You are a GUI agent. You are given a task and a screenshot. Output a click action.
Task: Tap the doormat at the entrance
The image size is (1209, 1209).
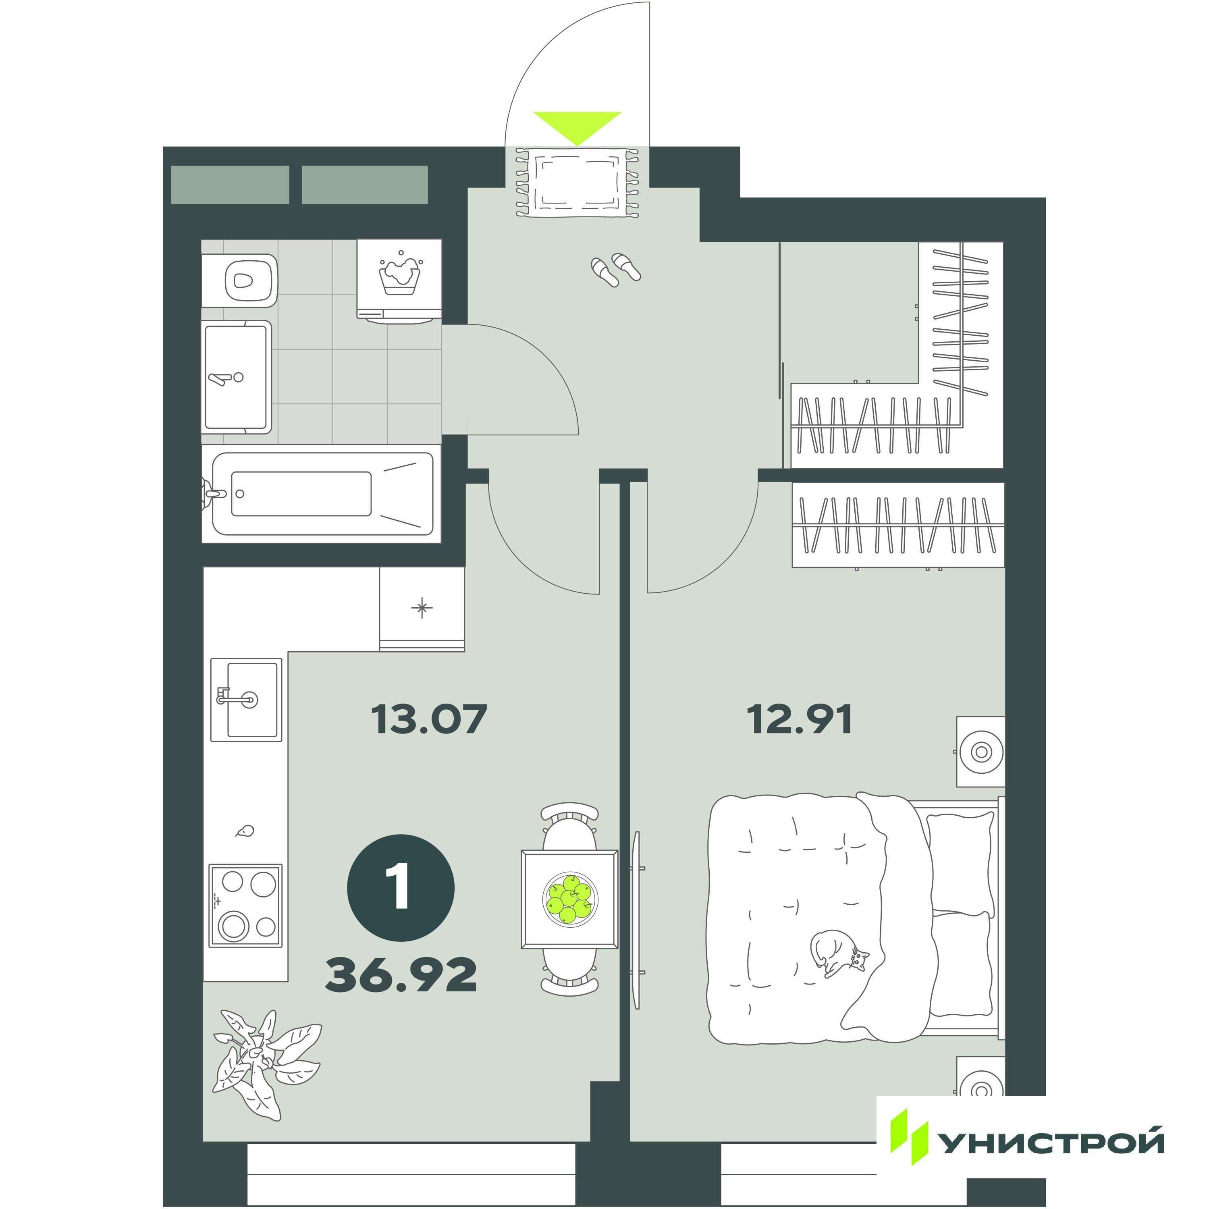577,183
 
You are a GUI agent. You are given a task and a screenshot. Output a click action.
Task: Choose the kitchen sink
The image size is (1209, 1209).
246,700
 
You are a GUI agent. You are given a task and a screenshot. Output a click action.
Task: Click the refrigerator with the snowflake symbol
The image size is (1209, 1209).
422,609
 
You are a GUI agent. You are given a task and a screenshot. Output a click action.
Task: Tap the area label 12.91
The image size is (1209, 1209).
799,720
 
